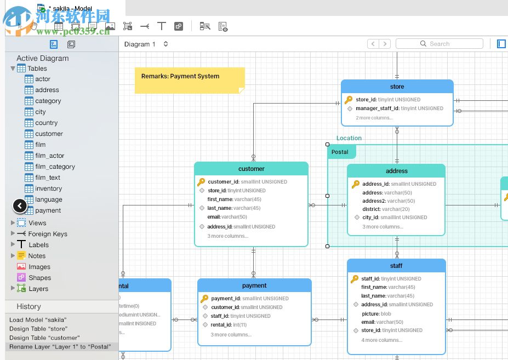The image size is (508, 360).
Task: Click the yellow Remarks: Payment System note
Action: (189, 80)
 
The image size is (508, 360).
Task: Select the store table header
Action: (397, 87)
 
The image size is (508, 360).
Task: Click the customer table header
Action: (251, 169)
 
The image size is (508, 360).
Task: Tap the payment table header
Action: (254, 285)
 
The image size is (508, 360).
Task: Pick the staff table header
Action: (396, 266)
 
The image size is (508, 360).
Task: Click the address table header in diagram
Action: (396, 171)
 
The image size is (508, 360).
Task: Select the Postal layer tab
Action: (340, 152)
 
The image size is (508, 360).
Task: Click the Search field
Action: (439, 44)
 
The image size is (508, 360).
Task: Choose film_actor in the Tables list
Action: (49, 156)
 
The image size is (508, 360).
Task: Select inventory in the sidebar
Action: (48, 188)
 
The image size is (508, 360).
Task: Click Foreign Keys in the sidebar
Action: (47, 234)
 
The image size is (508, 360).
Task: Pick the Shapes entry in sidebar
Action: (39, 278)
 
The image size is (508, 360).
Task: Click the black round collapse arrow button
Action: (20, 206)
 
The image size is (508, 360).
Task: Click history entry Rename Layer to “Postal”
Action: (60, 346)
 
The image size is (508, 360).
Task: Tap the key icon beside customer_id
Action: (201, 182)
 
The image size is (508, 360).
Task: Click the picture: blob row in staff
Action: (376, 313)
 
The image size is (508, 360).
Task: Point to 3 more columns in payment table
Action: (231, 335)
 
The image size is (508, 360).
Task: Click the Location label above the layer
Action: (349, 138)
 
